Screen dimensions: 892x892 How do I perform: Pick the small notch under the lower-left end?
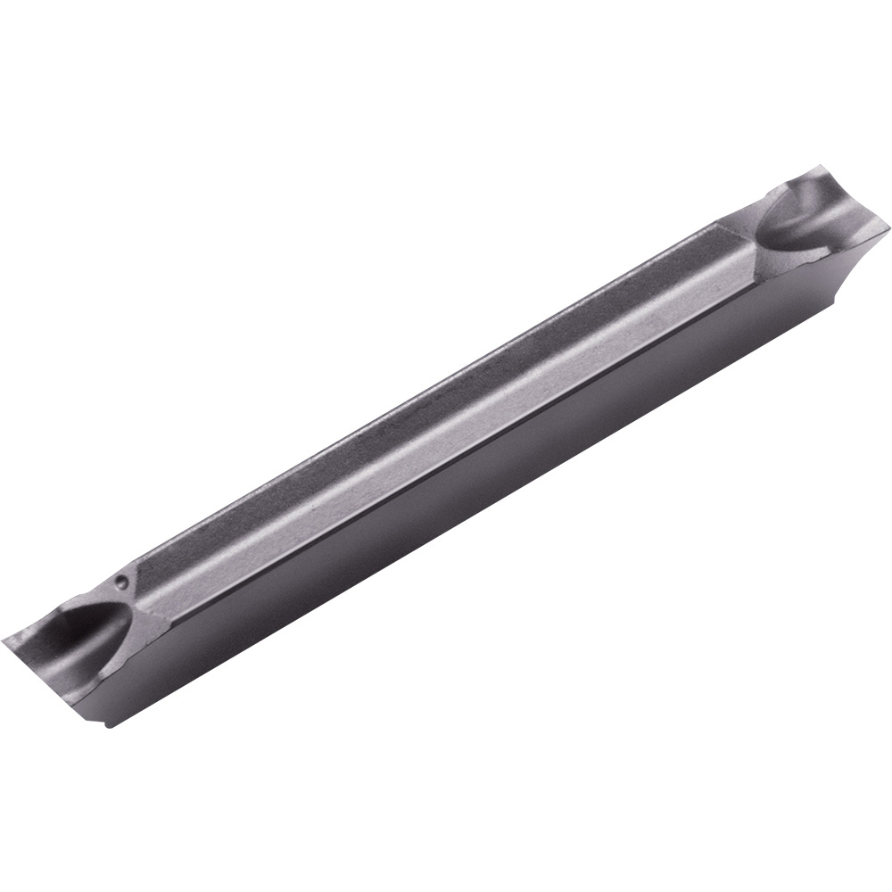[108, 723]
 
